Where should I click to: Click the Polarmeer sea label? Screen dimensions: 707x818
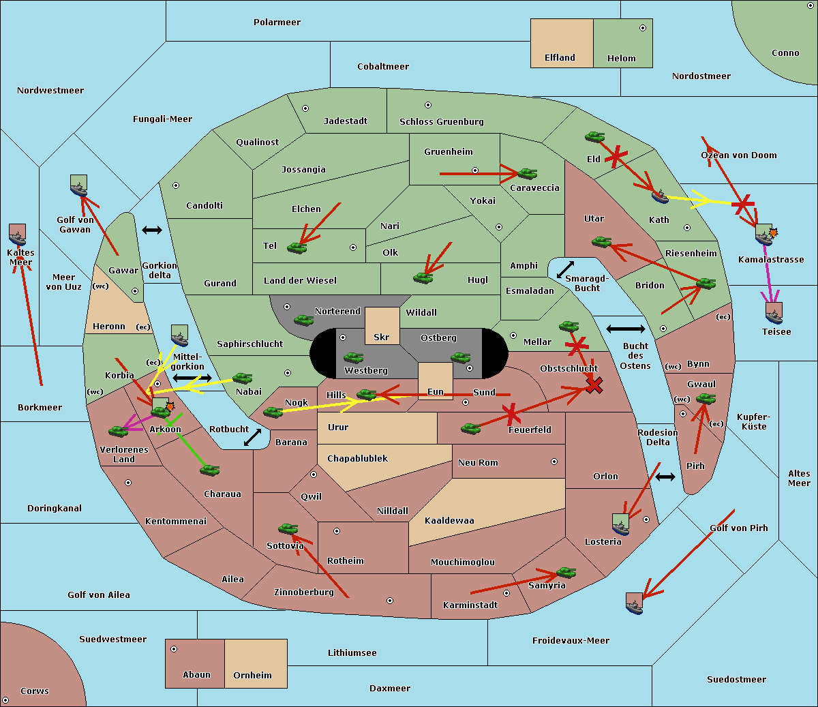(x=277, y=22)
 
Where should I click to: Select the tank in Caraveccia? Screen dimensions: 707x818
(x=527, y=174)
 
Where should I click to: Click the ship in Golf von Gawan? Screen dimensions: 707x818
(x=79, y=185)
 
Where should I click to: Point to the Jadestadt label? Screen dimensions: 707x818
(x=345, y=121)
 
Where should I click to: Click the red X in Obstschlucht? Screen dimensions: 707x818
(x=594, y=386)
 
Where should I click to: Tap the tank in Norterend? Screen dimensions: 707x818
(x=303, y=320)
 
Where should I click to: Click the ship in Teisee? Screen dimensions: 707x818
(x=774, y=313)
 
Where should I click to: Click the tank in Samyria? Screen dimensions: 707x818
(x=566, y=572)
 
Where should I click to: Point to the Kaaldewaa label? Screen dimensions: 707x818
(x=449, y=521)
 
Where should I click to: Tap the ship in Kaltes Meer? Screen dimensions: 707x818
(x=18, y=235)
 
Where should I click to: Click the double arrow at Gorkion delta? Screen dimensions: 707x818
(x=151, y=230)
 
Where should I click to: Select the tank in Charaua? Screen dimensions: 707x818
(x=209, y=470)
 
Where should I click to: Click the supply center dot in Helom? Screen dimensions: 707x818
(x=642, y=28)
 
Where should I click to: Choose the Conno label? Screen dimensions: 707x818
(x=785, y=53)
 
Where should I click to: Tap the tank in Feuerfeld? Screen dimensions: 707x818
(x=470, y=428)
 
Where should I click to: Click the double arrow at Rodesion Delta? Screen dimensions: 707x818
(x=665, y=477)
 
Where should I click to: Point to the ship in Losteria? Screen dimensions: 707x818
(x=620, y=524)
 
